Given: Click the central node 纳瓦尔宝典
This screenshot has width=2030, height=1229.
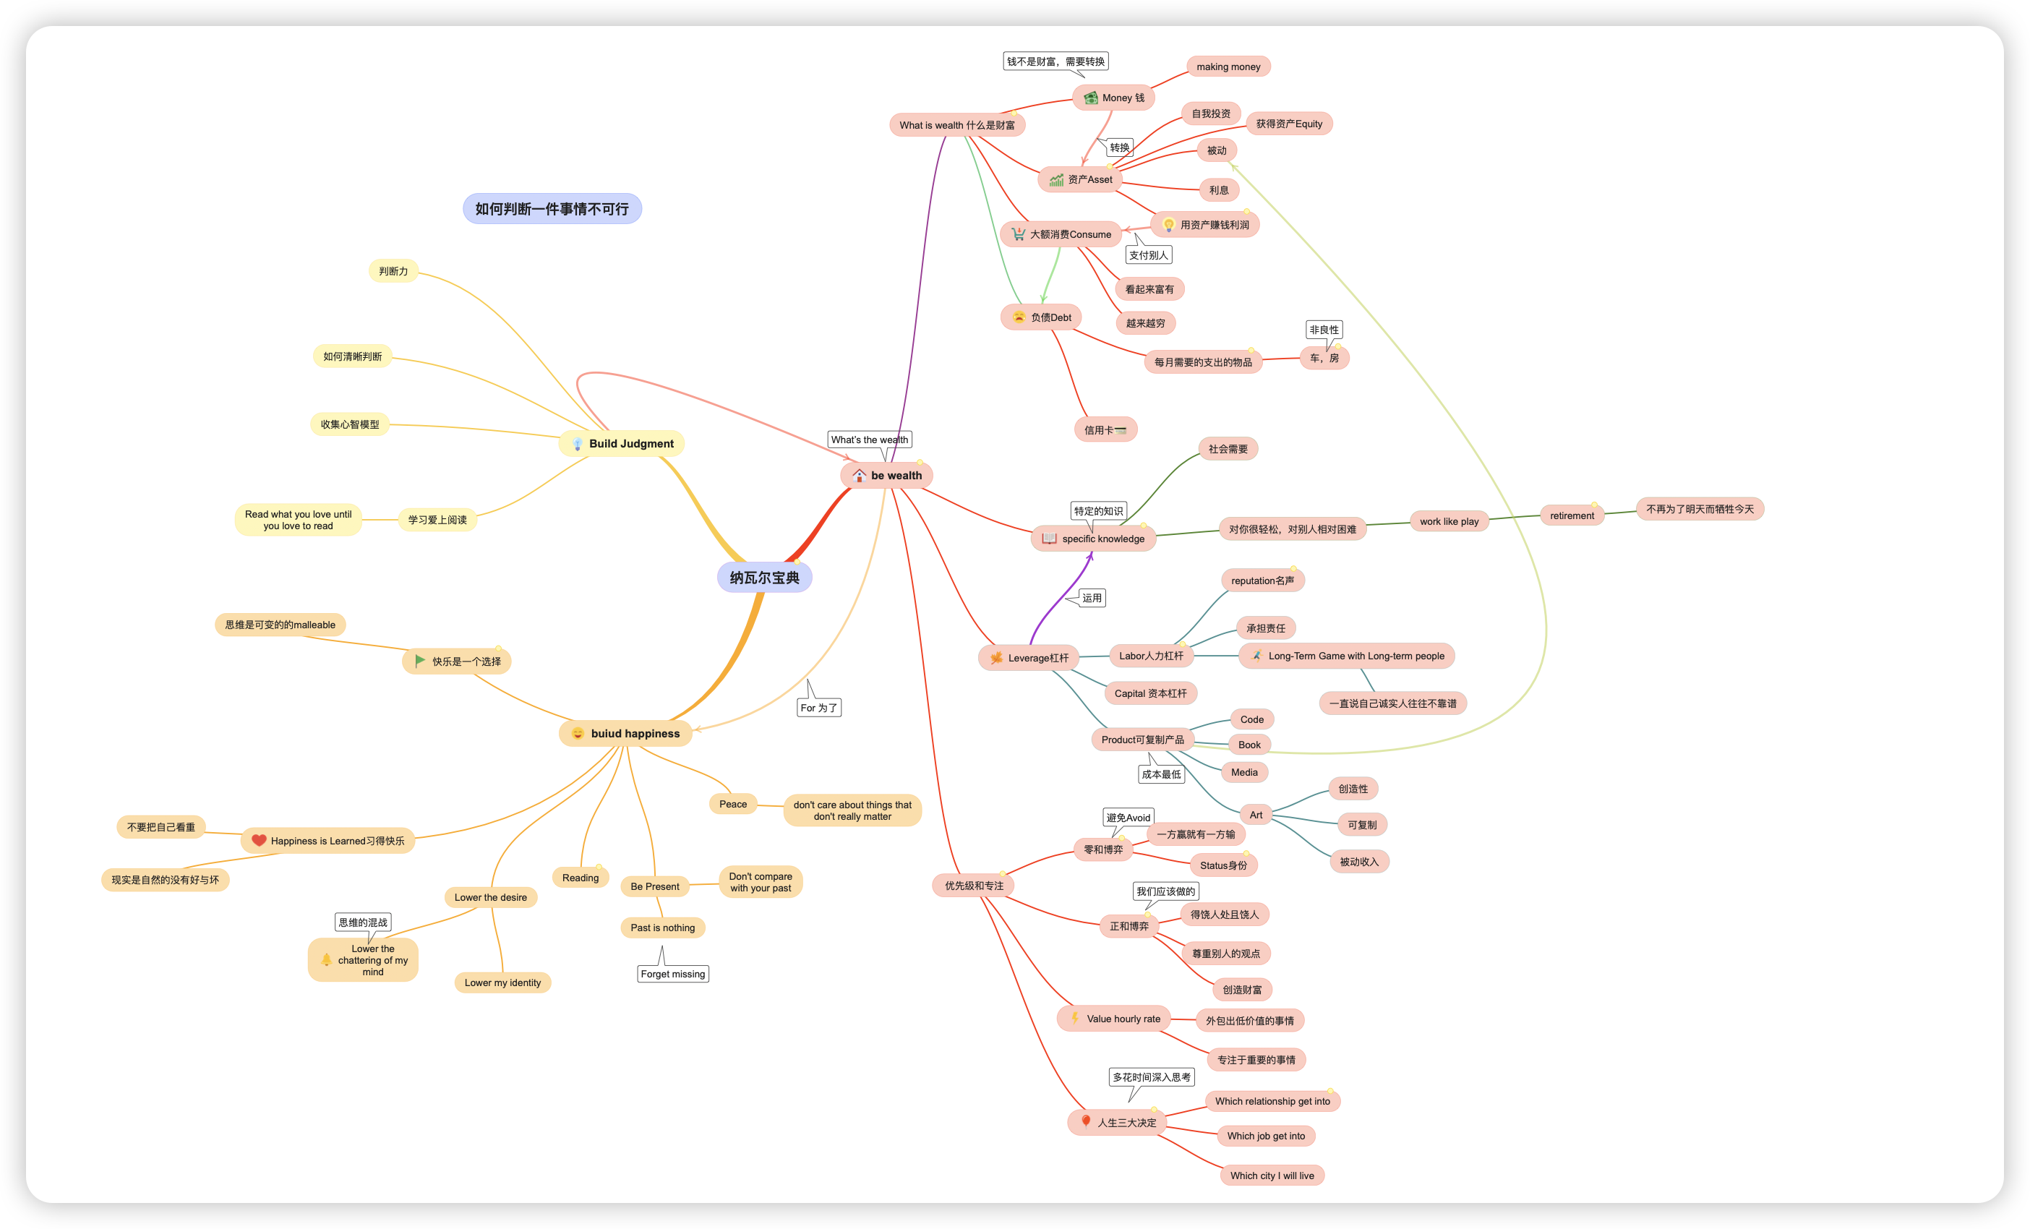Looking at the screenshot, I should [763, 578].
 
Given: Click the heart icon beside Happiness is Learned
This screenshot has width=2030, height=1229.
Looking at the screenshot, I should [259, 840].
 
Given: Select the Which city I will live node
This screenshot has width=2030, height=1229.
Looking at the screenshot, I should [1271, 1176].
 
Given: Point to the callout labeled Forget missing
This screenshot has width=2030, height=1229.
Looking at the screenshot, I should [672, 974].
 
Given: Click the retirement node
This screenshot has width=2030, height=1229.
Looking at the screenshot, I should [1571, 515].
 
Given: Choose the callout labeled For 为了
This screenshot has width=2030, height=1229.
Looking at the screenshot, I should [819, 708].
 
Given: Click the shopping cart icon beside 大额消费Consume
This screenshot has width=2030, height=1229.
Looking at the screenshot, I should [1019, 234].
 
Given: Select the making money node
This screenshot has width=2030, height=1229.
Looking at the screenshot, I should [1228, 67].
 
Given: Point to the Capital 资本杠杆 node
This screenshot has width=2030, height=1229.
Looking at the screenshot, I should [1150, 693].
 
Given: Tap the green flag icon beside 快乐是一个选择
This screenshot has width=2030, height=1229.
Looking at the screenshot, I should [420, 661].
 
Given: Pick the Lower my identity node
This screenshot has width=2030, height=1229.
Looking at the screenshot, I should [502, 982].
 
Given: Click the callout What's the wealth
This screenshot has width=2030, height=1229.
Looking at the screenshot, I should [869, 440].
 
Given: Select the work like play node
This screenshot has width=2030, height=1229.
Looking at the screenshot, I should [1448, 521].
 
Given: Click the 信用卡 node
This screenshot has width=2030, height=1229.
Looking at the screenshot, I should [1104, 430].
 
